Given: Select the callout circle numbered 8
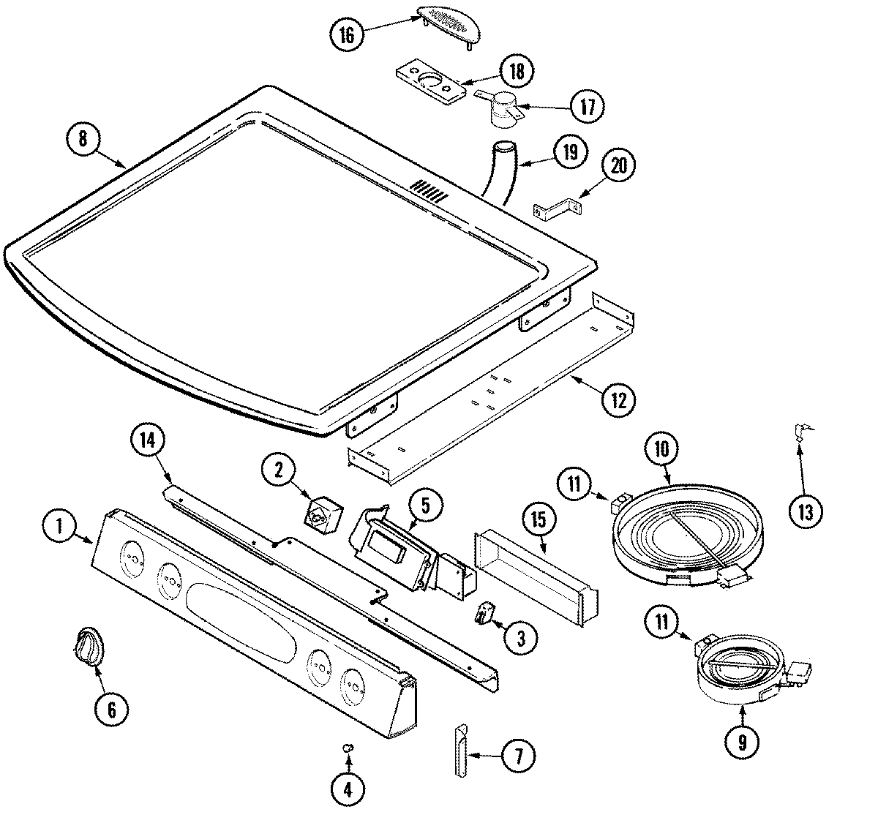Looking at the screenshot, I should [x=83, y=139].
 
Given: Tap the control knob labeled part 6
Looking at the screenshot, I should [x=89, y=647].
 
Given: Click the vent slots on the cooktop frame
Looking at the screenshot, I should [x=428, y=189].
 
